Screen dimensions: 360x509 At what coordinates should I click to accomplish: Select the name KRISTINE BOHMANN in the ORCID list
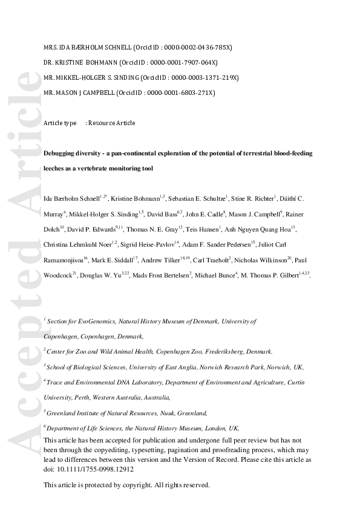(83, 62)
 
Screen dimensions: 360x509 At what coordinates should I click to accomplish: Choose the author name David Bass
(162, 213)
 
